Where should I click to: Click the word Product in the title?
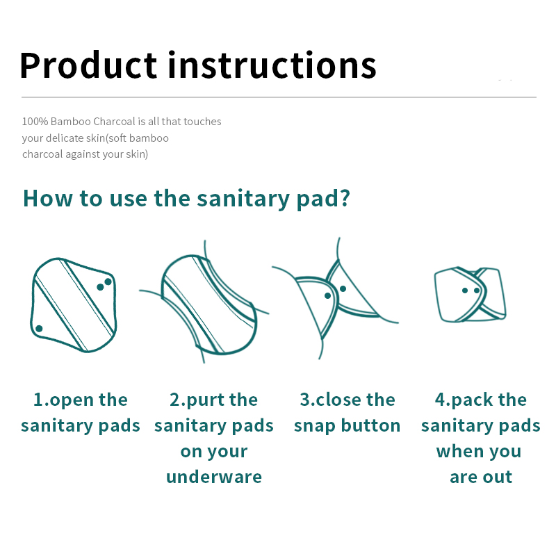coord(88,65)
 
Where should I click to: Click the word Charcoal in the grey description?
coord(114,121)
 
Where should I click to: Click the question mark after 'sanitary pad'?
coord(344,198)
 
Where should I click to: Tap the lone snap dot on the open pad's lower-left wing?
coord(39,328)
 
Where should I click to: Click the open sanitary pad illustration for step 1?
coord(74,305)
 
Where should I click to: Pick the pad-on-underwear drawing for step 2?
coord(204,302)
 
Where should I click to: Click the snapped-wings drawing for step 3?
coord(335,298)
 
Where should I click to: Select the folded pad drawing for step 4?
coord(471,294)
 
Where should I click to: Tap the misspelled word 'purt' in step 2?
coord(205,401)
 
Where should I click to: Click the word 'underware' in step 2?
coord(214,477)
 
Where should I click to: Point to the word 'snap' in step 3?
coord(315,426)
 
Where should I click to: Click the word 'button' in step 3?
coord(370,425)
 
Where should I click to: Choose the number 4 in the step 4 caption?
coord(440,400)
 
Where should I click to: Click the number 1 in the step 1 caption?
coord(38,400)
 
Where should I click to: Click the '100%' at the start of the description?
coord(35,121)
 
